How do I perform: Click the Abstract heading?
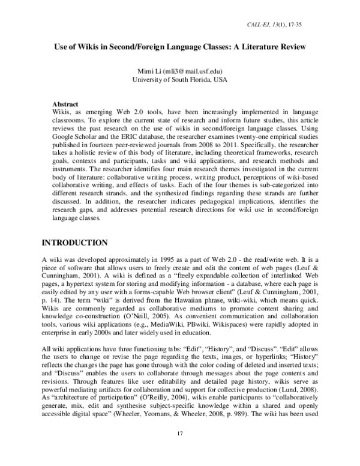67,104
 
